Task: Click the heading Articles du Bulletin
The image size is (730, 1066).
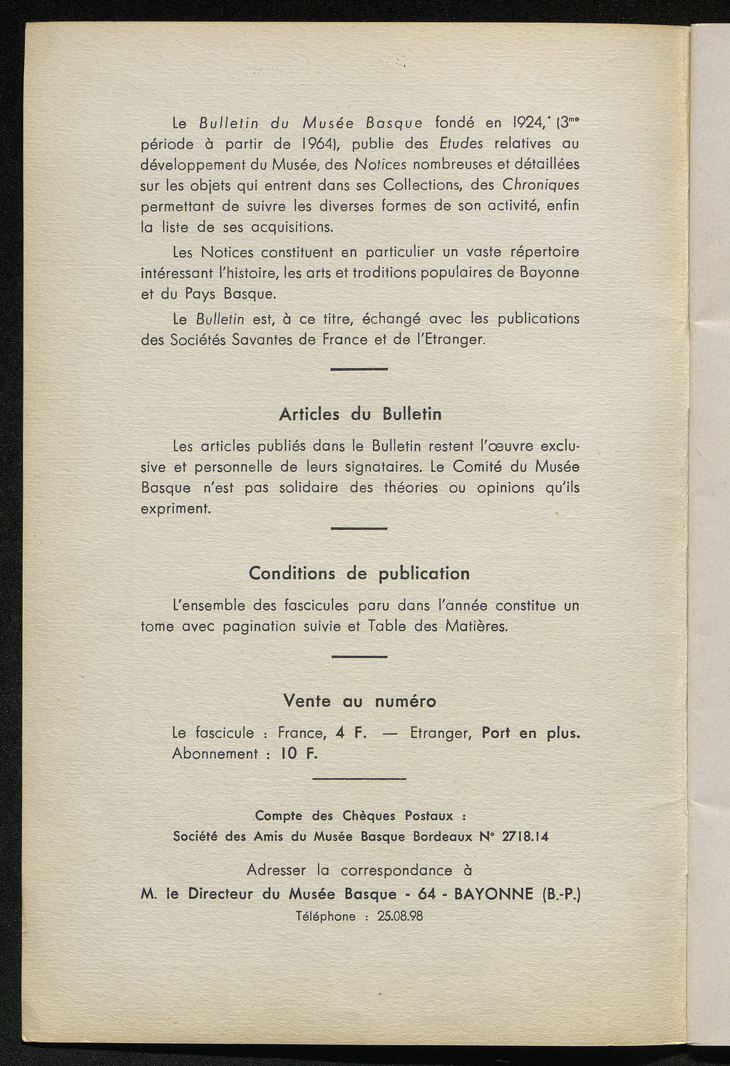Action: (360, 414)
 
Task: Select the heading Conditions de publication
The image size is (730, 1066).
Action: (359, 573)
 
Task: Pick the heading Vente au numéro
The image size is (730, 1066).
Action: (359, 700)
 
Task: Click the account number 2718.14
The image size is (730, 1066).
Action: (525, 836)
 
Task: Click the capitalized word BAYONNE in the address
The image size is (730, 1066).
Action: (493, 893)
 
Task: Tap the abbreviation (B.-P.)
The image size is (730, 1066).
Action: (562, 893)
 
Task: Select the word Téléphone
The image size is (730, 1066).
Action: (325, 916)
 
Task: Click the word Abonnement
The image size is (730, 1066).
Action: (215, 754)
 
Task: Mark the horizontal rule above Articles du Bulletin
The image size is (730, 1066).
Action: (359, 369)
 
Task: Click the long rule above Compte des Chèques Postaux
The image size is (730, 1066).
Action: (359, 779)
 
